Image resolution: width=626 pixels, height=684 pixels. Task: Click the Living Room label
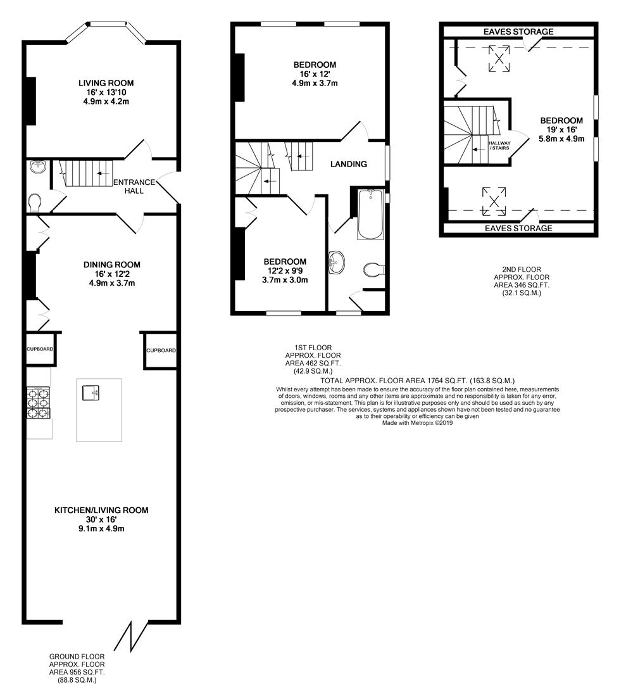[x=106, y=83]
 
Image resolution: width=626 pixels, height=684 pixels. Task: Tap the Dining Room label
[x=112, y=264]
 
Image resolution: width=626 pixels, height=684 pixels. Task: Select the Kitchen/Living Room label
[x=101, y=510]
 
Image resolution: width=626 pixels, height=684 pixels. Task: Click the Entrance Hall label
[x=134, y=186]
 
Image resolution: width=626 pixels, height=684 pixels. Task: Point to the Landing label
[x=349, y=164]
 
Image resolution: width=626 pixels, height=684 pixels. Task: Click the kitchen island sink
[x=92, y=393]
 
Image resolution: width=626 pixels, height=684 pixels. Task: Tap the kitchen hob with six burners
[x=39, y=403]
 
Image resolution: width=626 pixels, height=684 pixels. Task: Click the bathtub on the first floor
[x=370, y=214]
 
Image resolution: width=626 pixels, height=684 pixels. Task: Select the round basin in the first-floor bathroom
[x=335, y=263]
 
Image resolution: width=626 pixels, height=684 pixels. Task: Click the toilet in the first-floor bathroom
[x=373, y=269]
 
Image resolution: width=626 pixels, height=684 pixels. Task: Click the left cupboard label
[x=40, y=349]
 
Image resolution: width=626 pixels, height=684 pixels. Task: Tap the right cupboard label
[x=161, y=350]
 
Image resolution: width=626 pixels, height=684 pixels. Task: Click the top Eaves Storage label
[x=518, y=32]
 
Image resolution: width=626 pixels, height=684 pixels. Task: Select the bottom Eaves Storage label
[x=518, y=228]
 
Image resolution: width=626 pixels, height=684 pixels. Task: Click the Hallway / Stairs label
[x=499, y=145]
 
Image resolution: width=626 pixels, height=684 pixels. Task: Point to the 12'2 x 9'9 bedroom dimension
[x=285, y=270]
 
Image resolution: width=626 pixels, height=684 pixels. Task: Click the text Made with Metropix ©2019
[x=417, y=422]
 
